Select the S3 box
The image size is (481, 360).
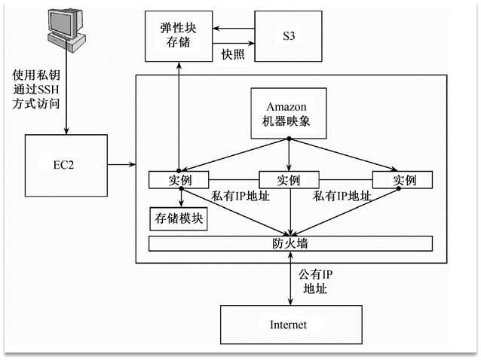click(286, 35)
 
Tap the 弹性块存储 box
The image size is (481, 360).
click(179, 36)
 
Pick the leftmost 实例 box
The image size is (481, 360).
click(179, 180)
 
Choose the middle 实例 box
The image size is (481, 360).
click(289, 180)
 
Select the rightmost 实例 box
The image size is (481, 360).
click(403, 180)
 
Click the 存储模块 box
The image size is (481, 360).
click(179, 219)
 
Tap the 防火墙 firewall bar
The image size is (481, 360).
click(290, 243)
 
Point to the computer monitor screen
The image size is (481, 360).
click(63, 22)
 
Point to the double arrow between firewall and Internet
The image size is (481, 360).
click(290, 279)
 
